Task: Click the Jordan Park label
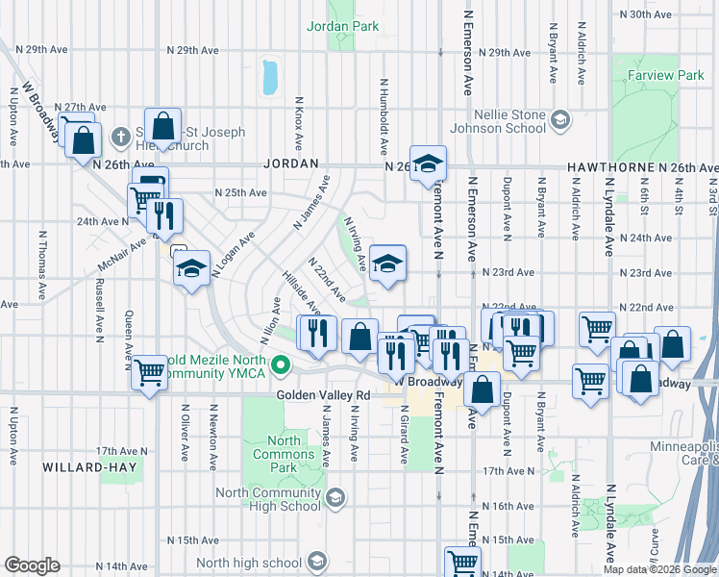tap(343, 27)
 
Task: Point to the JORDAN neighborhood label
tap(291, 164)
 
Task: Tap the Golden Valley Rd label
tap(323, 394)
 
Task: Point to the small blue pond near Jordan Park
tap(270, 77)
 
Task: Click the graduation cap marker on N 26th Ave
tap(429, 163)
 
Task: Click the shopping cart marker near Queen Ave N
tap(149, 371)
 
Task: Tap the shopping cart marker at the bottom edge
tap(462, 563)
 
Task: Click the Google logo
tap(33, 565)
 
